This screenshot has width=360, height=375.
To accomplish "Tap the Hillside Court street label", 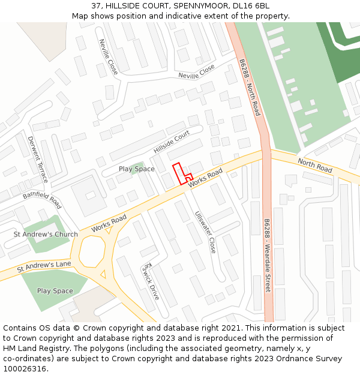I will [x=172, y=142].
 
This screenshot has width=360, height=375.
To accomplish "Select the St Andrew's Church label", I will [x=46, y=234].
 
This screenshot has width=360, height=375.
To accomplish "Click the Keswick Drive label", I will [x=150, y=281].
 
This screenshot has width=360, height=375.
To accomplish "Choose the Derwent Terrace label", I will [x=37, y=160].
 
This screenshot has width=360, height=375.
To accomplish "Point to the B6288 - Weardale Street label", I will [x=268, y=255].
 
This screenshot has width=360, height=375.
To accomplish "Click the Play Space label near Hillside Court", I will [x=136, y=169].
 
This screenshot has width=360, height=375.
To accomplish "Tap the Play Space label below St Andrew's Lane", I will [x=55, y=291].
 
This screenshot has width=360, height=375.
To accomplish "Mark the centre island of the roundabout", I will [x=92, y=251].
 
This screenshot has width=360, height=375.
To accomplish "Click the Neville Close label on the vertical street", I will [x=108, y=57].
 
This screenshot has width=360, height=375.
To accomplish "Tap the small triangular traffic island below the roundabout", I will [x=103, y=275].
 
